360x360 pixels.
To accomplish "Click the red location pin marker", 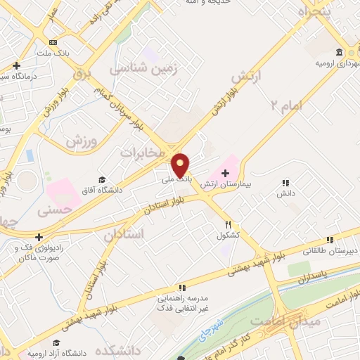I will (x=181, y=165).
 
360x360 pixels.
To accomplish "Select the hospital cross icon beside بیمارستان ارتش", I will (x=225, y=173).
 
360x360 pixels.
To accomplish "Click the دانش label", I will (x=285, y=192).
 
